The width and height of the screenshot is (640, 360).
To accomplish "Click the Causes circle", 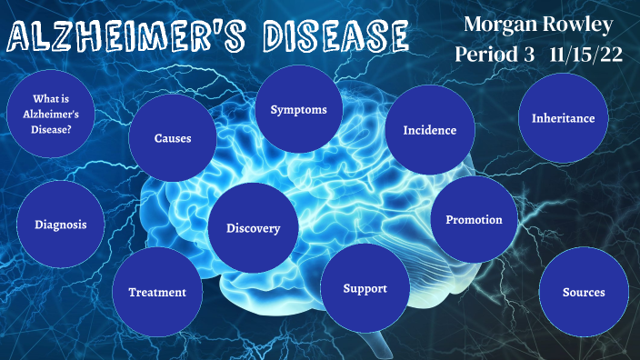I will tap(173, 139).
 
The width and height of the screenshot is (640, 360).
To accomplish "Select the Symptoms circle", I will tap(299, 110).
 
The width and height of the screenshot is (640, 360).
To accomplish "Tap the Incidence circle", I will tap(429, 130).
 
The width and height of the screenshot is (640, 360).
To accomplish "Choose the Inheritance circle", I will tap(564, 118).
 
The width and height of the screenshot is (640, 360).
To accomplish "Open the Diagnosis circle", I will tap(61, 225).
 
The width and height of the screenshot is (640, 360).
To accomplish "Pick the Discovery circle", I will tap(254, 228).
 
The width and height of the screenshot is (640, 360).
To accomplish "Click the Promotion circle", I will tap(474, 219).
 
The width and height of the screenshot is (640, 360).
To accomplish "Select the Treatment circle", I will tap(157, 292).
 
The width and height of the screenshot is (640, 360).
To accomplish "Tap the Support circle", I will tap(365, 288).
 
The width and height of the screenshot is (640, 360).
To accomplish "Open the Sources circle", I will tap(584, 292).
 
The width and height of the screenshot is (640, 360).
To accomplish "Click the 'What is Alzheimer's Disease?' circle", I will tap(52, 115).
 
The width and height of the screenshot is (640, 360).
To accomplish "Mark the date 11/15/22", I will tap(586, 55).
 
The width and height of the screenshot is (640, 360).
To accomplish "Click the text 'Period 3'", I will tap(495, 55).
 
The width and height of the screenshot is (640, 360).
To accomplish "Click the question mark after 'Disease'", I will tap(70, 129).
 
